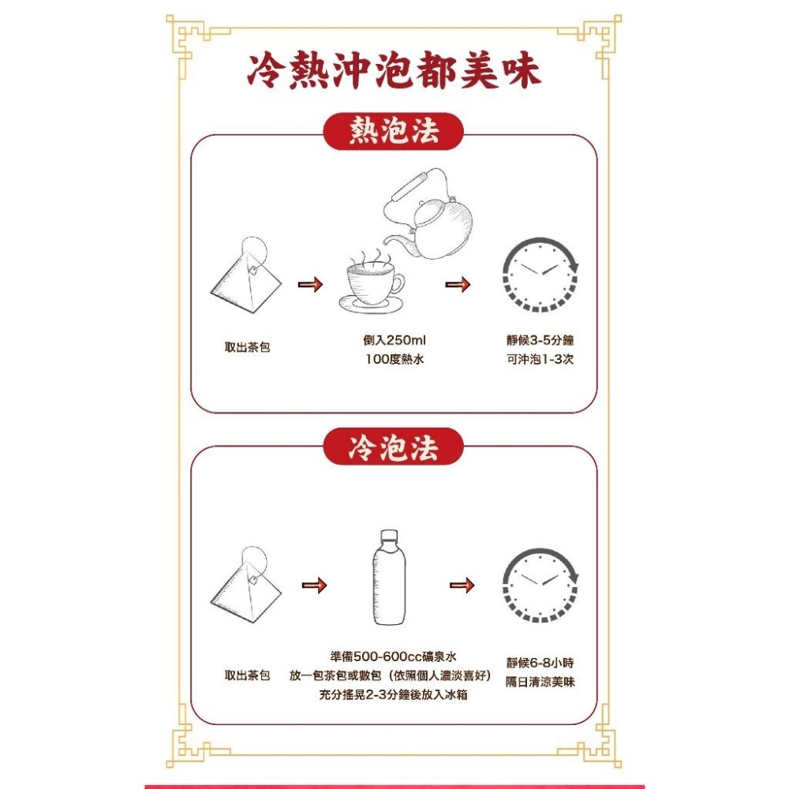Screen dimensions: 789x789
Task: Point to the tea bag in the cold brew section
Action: [245, 585]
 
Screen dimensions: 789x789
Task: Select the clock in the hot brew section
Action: [541, 273]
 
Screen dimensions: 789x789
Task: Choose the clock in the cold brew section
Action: [541, 584]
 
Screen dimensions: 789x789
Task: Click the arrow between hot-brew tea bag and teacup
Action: [310, 284]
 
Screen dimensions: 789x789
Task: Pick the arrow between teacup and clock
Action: [458, 284]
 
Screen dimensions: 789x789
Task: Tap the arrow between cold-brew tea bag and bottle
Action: [315, 585]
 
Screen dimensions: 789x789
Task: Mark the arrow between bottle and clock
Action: [462, 585]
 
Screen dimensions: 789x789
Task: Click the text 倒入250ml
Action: [394, 341]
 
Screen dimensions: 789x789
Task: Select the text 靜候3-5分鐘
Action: [540, 341]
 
